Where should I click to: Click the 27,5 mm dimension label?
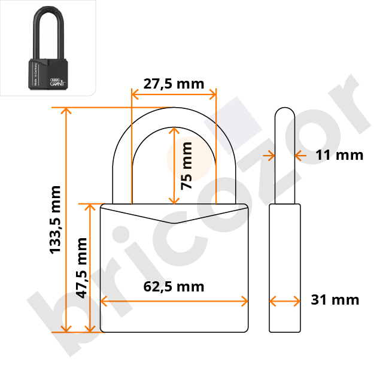coord(174,84)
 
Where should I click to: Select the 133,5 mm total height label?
coord(55,219)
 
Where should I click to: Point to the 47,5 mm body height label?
coord(82,268)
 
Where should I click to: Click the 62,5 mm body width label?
coord(174,287)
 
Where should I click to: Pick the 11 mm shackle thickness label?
coord(339,155)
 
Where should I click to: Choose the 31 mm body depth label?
coord(335,300)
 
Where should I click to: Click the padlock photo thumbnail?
coord(47,48)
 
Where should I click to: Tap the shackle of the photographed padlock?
coord(48,30)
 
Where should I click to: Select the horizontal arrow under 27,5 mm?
coord(174,94)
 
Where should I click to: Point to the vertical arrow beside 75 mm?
coord(174,165)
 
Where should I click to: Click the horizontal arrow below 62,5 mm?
coord(174,300)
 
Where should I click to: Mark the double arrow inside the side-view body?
coord(284,300)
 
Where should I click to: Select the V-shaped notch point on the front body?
coord(174,223)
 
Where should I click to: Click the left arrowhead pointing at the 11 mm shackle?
coord(271,155)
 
